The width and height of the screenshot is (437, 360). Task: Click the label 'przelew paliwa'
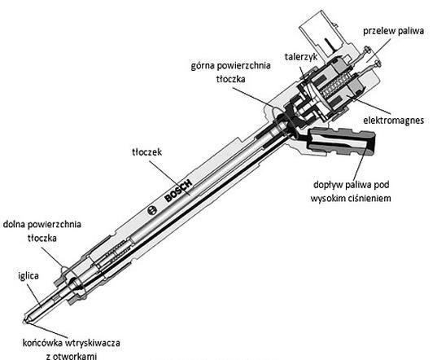pos(393,31)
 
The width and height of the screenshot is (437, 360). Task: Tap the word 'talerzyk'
pos(301,57)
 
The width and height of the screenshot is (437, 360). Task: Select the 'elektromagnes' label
pos(394,121)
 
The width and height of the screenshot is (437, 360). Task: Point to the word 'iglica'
pos(28,276)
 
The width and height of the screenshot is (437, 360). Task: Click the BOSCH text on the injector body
pos(178,191)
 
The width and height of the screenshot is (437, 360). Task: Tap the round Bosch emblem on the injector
pos(152,210)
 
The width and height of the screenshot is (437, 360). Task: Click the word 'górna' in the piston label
pos(203,66)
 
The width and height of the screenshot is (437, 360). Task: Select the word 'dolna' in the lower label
pos(14,224)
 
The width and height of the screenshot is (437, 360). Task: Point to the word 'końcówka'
pos(42,343)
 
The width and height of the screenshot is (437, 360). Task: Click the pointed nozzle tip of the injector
pos(24,322)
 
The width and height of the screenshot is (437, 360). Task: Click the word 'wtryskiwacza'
pos(93,343)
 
